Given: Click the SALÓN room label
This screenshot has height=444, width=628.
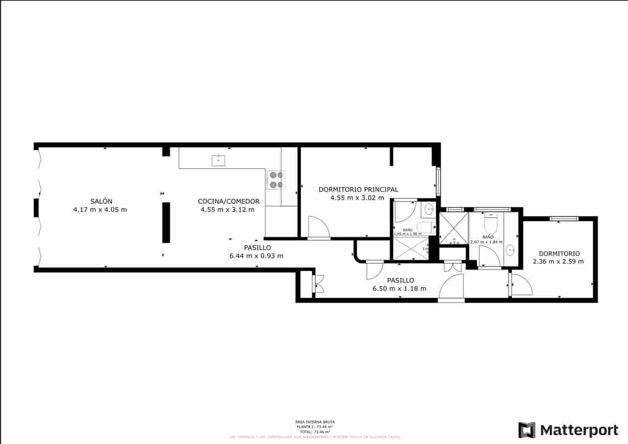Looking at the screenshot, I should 101,201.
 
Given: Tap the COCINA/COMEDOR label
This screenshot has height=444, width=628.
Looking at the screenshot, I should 229,201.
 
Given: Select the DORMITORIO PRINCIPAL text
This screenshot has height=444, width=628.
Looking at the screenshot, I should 358,190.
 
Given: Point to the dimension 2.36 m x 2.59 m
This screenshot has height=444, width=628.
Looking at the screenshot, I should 558,262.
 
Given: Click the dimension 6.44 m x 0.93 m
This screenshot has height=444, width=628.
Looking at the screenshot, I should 256,256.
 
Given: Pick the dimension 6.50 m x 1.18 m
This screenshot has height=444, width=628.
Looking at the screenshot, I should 399,288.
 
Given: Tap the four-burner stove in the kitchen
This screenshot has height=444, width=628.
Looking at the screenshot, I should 276,180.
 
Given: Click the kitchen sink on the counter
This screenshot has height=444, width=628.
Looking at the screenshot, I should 219,160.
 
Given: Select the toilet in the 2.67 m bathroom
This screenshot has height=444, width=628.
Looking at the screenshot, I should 490,225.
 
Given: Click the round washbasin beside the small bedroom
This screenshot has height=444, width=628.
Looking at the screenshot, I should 510,250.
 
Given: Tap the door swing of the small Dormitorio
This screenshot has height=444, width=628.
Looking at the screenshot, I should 521,284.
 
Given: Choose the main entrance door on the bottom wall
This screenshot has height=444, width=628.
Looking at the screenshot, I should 452,288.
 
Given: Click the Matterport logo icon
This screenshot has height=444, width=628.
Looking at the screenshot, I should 527,430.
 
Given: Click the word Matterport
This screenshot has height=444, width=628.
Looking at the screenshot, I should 579,430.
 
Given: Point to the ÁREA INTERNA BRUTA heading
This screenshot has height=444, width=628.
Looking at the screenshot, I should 314,422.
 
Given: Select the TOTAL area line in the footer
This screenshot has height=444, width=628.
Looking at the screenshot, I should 314,431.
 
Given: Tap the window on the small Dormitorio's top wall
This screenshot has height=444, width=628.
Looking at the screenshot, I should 564,218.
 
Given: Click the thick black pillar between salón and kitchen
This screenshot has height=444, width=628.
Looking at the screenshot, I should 166,222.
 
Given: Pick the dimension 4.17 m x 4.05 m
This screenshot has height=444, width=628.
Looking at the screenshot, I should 100,210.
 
